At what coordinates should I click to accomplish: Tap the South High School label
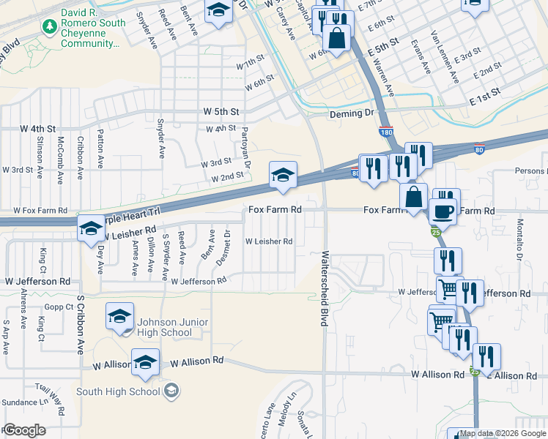coord(118,391)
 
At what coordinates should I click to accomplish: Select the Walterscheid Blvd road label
coord(323,290)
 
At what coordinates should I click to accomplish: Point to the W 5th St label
coord(221,112)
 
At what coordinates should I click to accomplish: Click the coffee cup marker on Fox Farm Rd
coord(444,211)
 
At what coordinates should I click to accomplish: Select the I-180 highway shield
coord(385,132)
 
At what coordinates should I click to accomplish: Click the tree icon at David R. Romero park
coord(50,27)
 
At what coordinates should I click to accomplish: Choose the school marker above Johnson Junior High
coord(119,316)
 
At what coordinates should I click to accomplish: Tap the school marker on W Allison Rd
coord(145,362)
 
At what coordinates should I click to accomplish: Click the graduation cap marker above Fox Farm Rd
coord(283,176)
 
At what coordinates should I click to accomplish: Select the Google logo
coord(24,430)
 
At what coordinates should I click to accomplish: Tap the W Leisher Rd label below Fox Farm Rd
coord(268,241)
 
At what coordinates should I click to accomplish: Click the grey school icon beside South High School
coord(171,391)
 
